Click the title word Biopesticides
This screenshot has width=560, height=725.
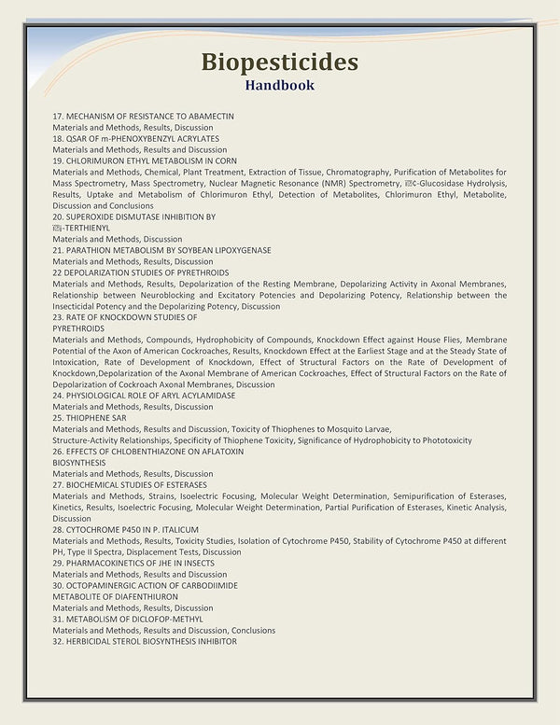[279, 63]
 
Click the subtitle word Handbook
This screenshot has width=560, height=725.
[279, 85]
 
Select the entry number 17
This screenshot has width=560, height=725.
[57, 116]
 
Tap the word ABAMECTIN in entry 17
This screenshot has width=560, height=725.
[212, 116]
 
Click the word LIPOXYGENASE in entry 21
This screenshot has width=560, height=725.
[232, 250]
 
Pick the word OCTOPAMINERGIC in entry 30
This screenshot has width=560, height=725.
[103, 585]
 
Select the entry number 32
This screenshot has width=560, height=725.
[57, 641]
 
